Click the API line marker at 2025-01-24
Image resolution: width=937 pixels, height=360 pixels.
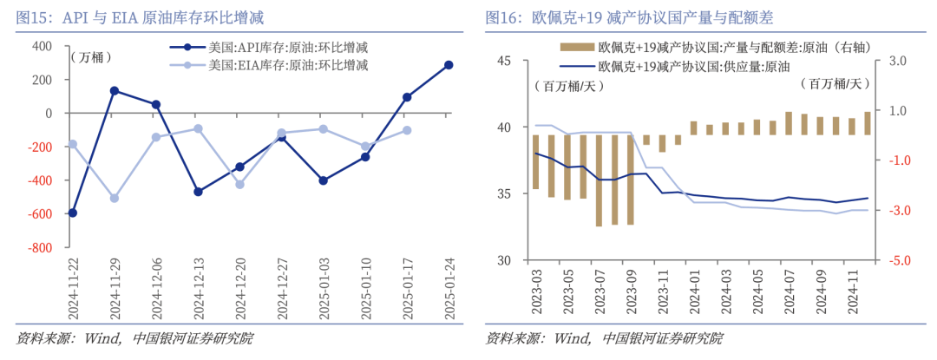[449, 65]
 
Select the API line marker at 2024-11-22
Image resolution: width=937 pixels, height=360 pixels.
[72, 213]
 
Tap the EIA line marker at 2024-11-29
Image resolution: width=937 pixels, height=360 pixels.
[114, 199]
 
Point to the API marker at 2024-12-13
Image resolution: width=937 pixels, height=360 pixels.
[198, 192]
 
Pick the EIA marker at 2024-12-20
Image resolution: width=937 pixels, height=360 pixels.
[239, 184]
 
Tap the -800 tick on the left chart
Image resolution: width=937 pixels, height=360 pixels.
[39, 247]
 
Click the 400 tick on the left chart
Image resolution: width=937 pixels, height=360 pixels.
[42, 46]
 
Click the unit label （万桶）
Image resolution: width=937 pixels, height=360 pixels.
[90, 58]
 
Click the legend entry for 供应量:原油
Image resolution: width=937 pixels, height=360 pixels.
[677, 66]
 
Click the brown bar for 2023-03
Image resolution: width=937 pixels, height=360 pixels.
[535, 162]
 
